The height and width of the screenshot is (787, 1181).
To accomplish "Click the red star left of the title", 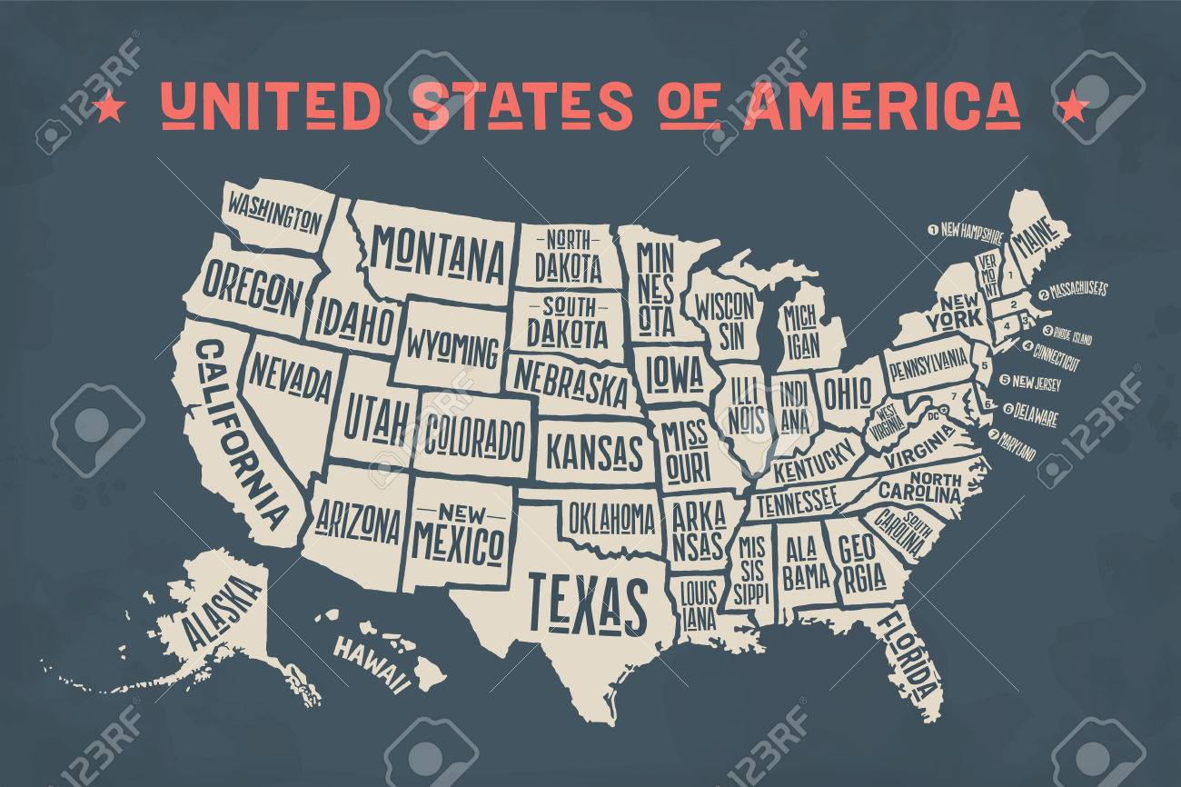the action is pos(110,107).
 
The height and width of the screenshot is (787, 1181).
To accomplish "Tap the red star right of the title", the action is pos(1073,107).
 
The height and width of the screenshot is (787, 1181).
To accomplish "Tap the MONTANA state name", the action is pos(440,251).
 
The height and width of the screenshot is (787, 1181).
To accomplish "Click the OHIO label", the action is pos(847,393).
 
